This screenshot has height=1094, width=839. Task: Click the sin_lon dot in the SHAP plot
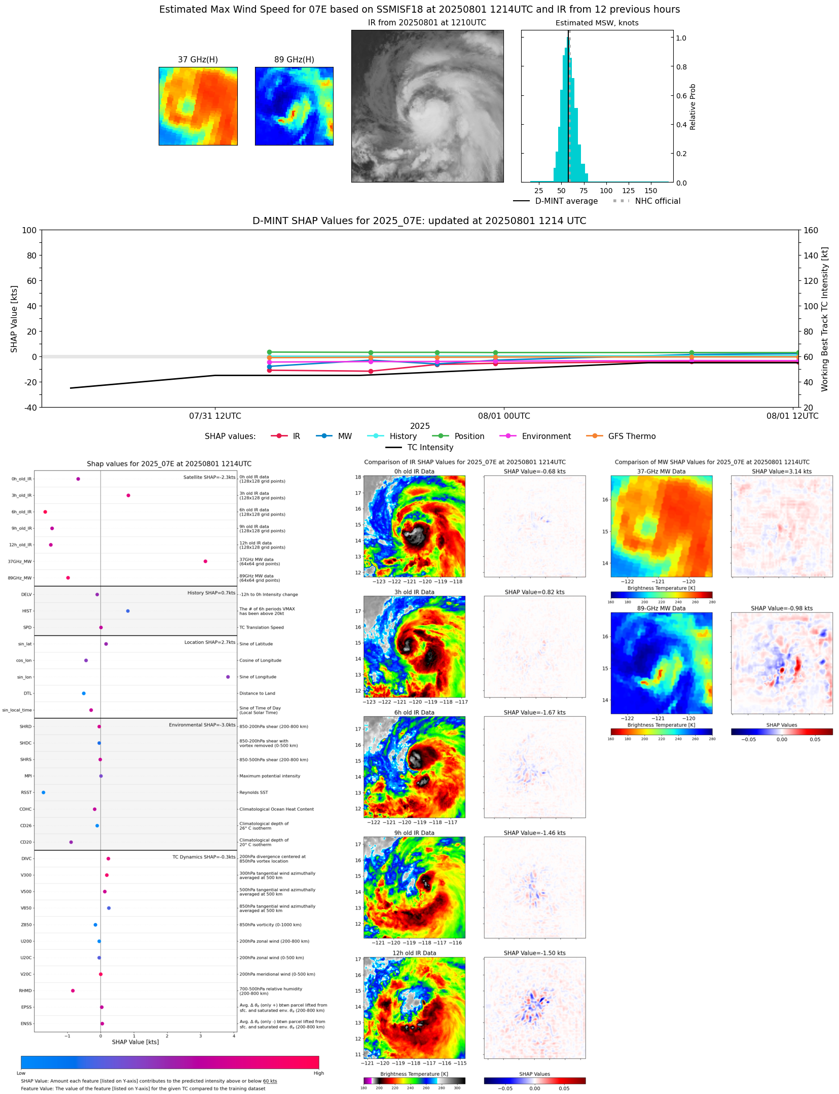coord(228,677)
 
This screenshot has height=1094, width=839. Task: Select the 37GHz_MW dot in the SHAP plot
coord(205,561)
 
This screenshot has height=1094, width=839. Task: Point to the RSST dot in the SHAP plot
coord(43,792)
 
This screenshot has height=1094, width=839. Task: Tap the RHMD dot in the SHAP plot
coord(73,991)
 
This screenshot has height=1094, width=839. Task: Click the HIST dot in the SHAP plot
coord(128,611)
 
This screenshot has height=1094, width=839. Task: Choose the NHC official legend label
coord(658,201)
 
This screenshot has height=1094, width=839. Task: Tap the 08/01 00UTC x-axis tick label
coord(504,416)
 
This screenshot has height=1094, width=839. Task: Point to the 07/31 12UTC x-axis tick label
coord(215,416)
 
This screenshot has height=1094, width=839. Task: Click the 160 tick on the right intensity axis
coord(811,230)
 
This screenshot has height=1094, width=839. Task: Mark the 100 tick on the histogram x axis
coord(606,191)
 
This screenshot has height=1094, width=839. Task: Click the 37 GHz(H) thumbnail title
coord(198,59)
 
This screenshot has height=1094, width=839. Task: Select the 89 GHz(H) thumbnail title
coord(294,59)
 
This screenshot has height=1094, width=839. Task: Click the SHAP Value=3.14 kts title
coord(781,471)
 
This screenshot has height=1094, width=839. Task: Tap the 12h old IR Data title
coord(414,953)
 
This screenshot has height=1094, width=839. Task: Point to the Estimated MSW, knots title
coord(597,23)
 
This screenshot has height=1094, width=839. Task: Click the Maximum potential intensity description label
coord(270,776)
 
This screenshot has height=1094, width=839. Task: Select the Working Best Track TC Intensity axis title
coord(825,319)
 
